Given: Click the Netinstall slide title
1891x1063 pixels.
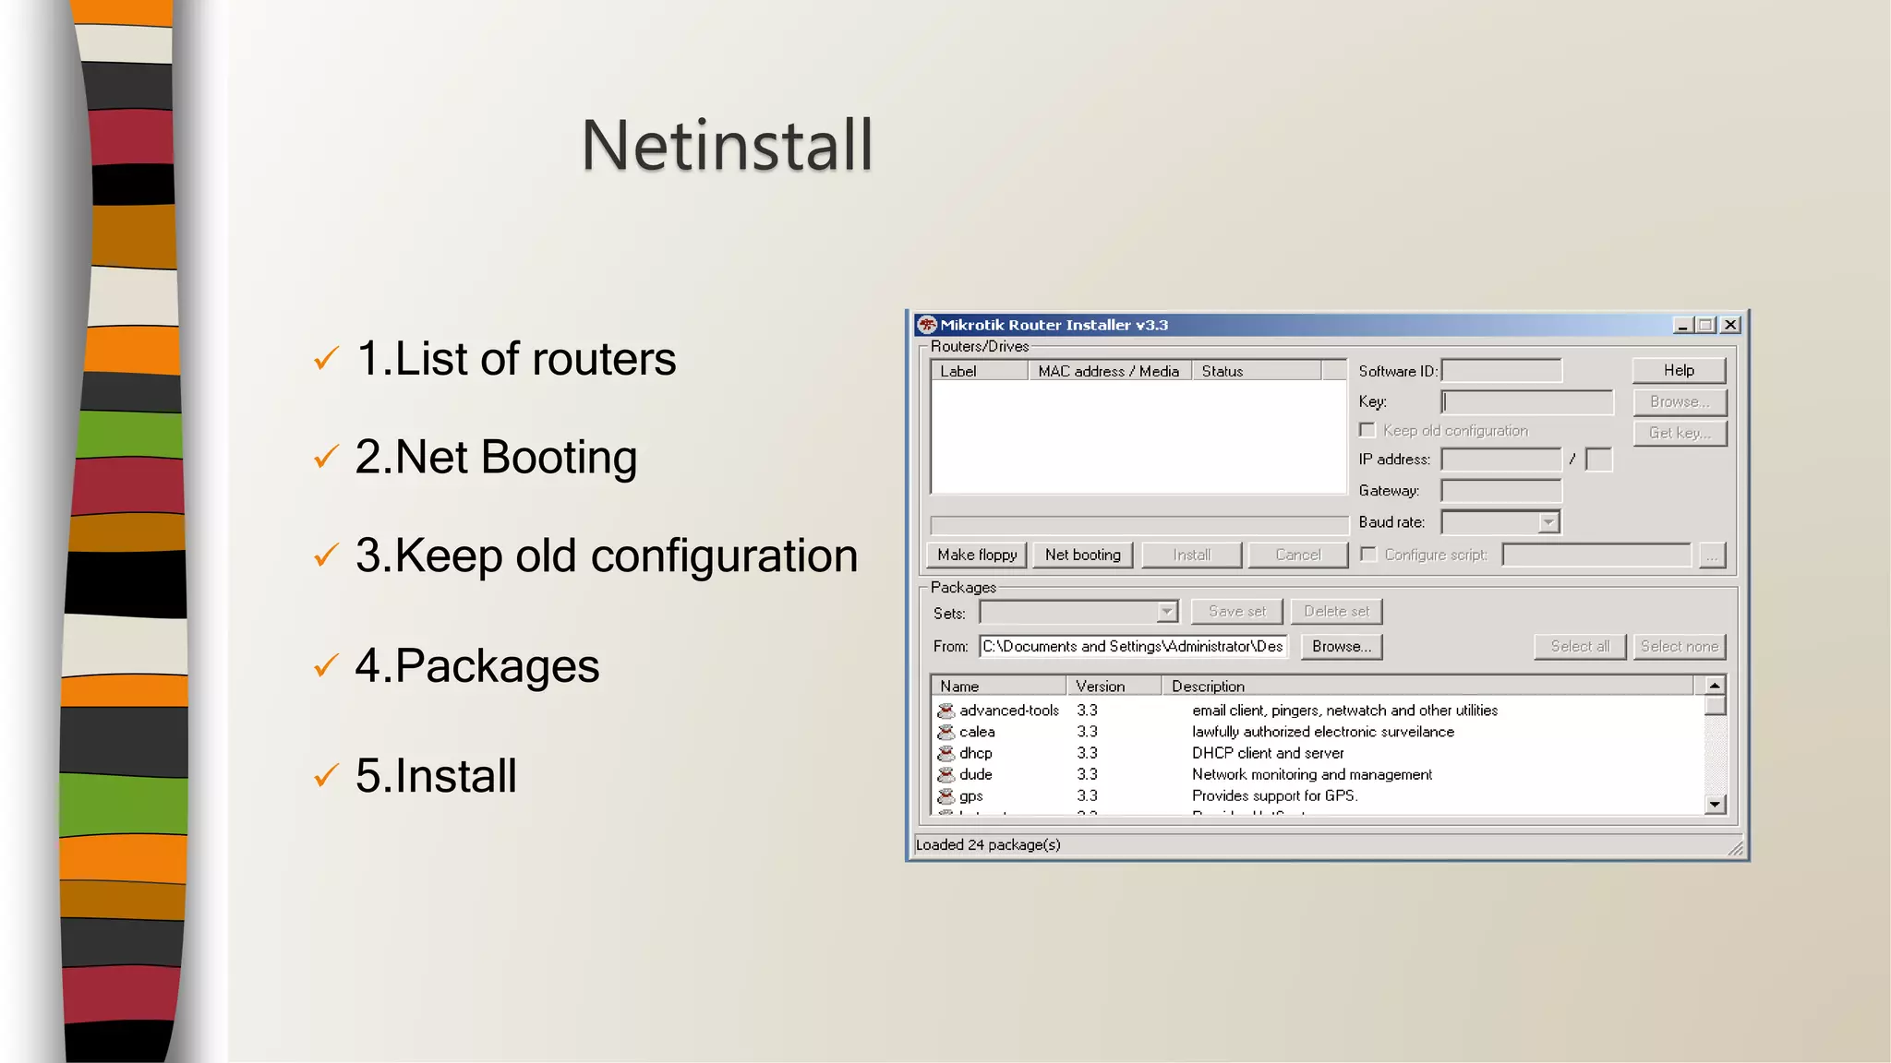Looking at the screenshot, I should [x=727, y=146].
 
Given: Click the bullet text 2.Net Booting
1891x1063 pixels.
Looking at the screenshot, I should [x=496, y=457].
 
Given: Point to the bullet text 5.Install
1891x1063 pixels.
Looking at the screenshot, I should [x=436, y=775].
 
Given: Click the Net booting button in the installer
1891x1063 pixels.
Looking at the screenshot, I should [x=1082, y=555].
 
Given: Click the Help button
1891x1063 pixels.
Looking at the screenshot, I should [x=1678, y=370].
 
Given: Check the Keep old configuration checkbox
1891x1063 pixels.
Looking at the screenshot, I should [x=1367, y=430].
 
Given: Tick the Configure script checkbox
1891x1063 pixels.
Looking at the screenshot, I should [x=1368, y=554].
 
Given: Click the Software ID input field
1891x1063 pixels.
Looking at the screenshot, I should [x=1500, y=371].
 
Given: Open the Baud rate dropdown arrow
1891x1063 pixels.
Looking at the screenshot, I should [x=1548, y=522].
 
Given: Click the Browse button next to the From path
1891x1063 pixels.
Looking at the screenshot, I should [x=1341, y=646].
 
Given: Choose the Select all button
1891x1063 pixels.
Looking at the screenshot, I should [x=1579, y=646].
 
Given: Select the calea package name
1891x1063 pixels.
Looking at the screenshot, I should [x=977, y=732].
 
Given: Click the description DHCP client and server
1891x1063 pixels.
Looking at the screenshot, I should [x=1267, y=753].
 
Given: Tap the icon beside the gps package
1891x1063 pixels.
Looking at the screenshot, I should [x=945, y=795].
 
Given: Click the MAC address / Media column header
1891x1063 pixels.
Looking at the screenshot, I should [x=1108, y=371].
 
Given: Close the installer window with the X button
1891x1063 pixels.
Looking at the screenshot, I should [x=1730, y=325].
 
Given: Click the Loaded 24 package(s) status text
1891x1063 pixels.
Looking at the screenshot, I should [x=987, y=844].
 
